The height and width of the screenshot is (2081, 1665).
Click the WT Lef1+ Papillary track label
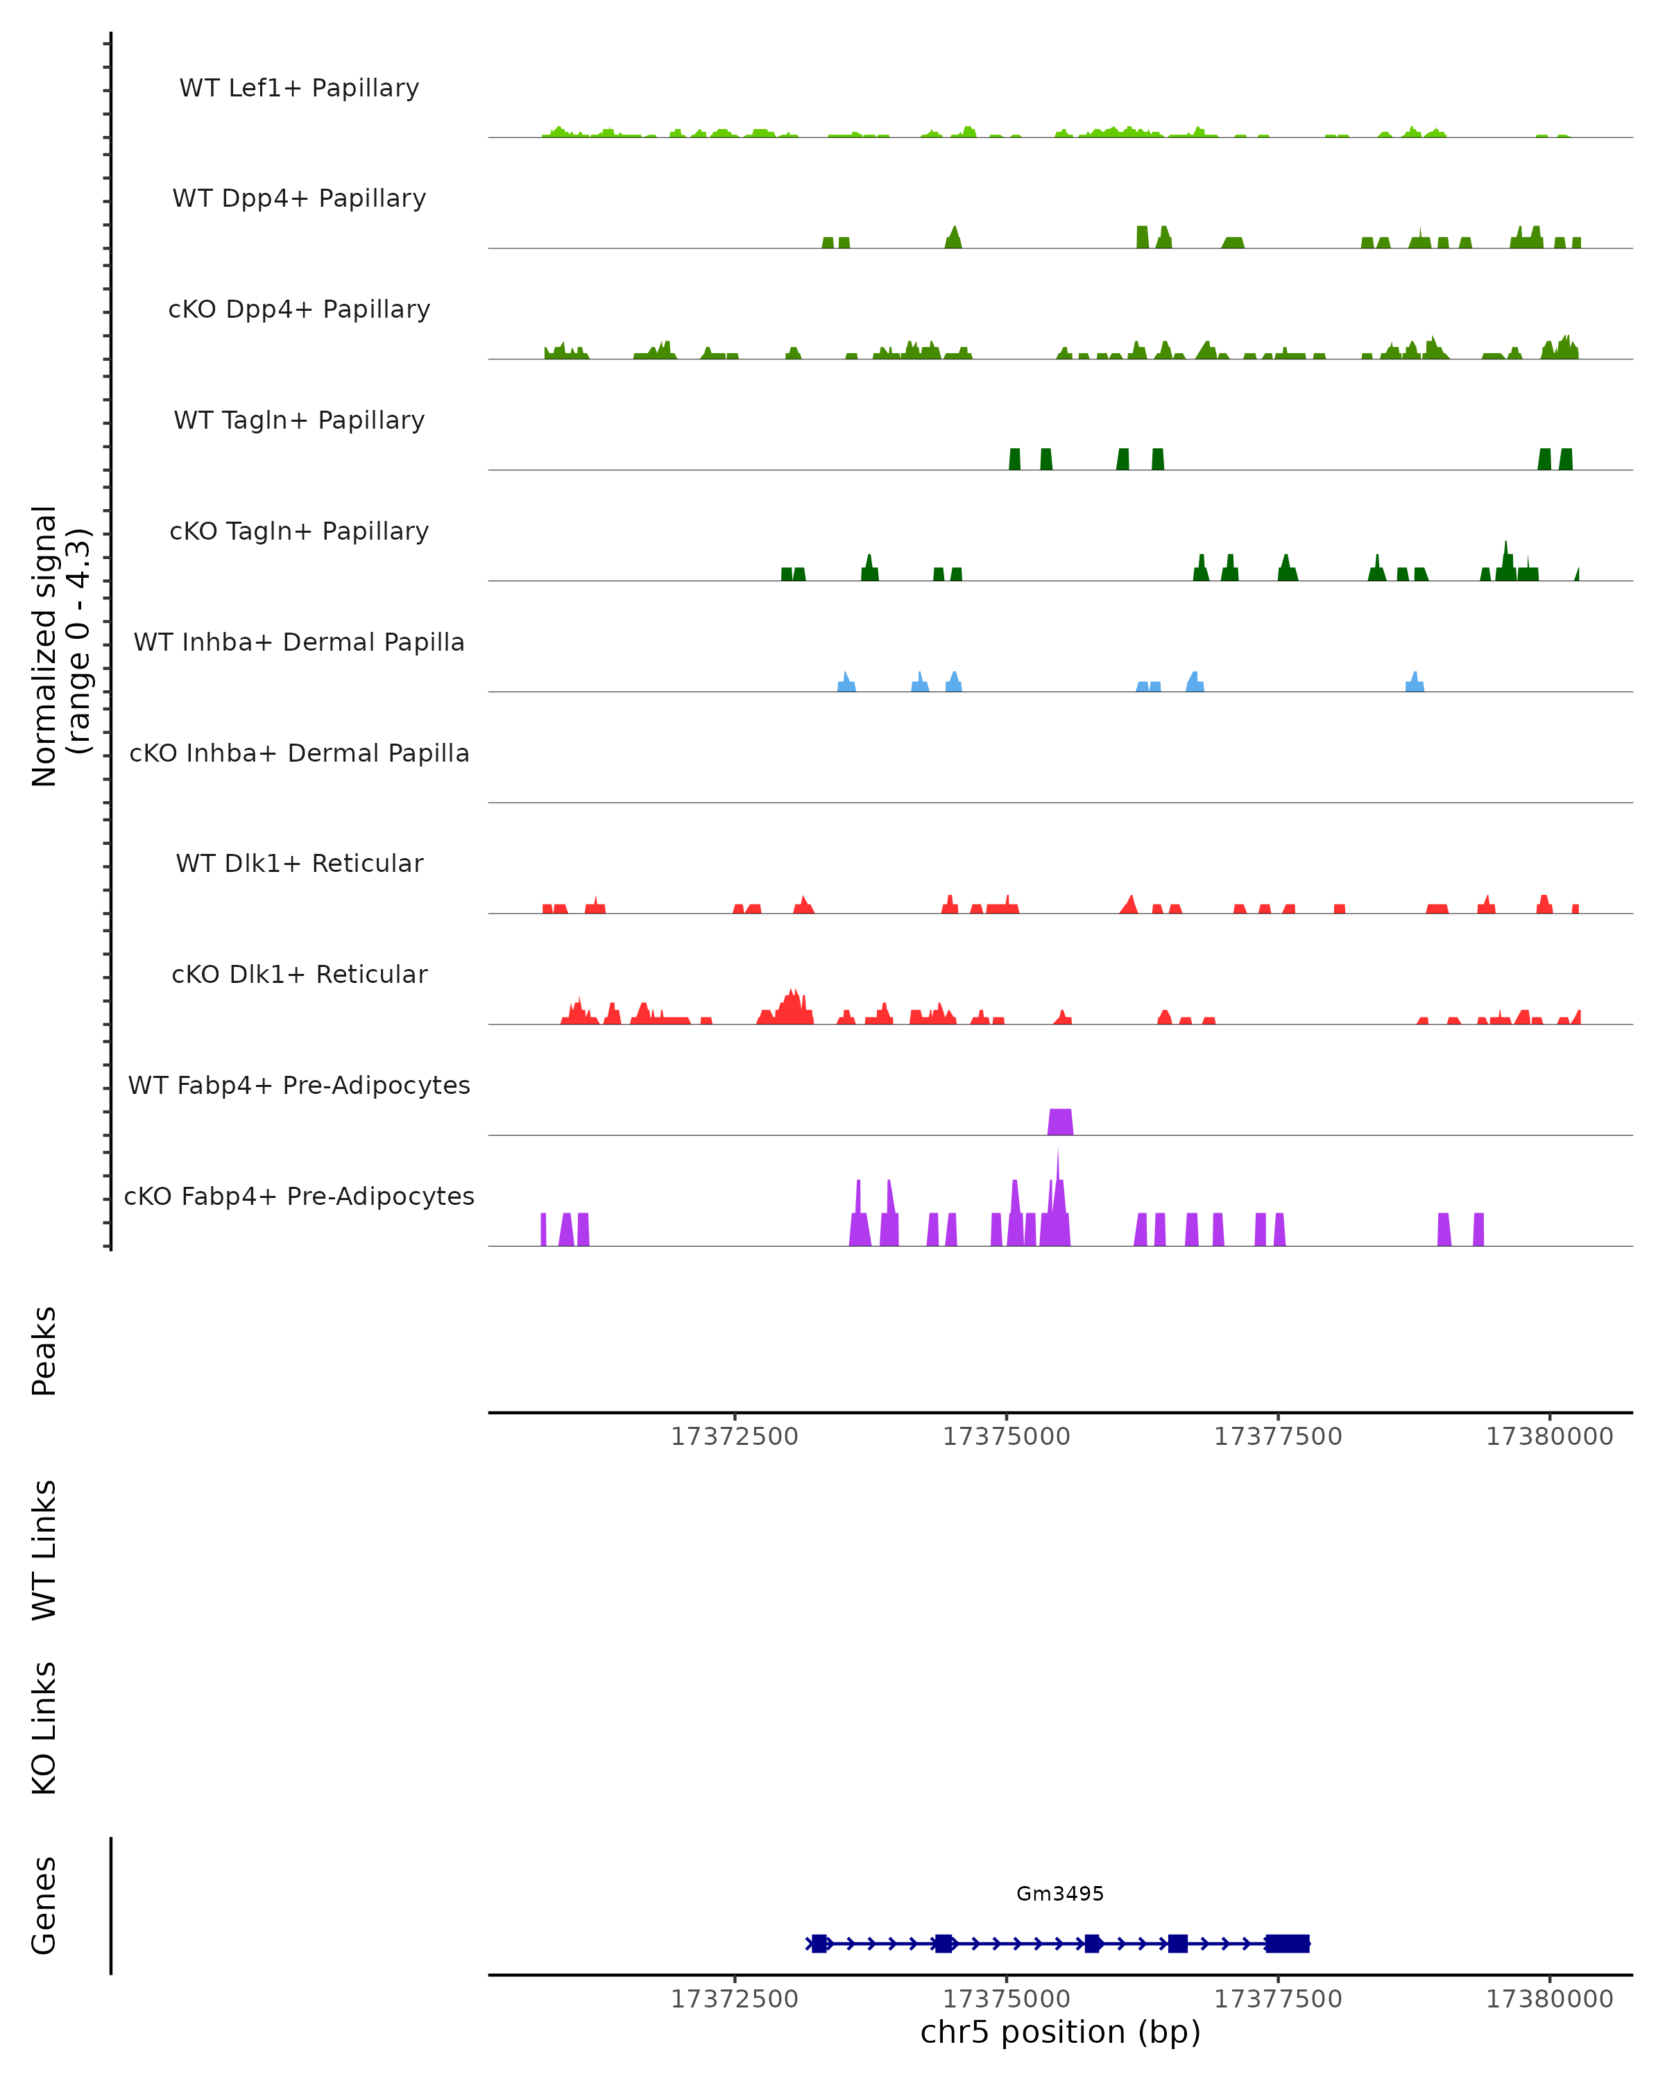pyautogui.click(x=299, y=88)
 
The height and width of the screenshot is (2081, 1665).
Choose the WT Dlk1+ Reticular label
pyautogui.click(x=299, y=863)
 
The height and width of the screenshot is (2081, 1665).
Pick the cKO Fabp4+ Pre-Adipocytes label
pyautogui.click(x=299, y=1196)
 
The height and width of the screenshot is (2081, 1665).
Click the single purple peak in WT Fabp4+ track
pyautogui.click(x=1060, y=1122)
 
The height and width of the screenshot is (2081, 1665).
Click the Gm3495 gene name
pyautogui.click(x=1060, y=1893)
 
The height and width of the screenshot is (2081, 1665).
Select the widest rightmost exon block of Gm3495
pyautogui.click(x=1288, y=1943)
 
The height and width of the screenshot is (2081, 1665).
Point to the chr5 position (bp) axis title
pyautogui.click(x=1060, y=2032)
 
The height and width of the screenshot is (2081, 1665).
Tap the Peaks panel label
pyautogui.click(x=44, y=1351)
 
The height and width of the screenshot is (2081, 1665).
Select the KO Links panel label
pyautogui.click(x=44, y=1728)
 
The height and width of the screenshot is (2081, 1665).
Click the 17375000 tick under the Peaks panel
pyautogui.click(x=1006, y=1437)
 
